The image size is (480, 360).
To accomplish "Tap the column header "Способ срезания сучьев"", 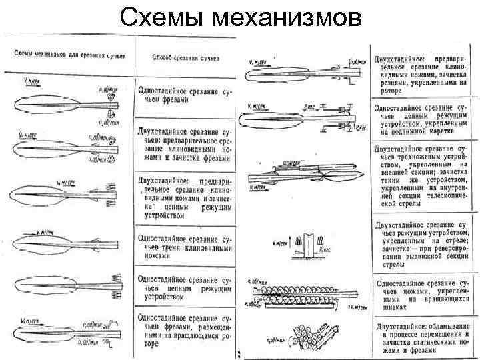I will (185, 57).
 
